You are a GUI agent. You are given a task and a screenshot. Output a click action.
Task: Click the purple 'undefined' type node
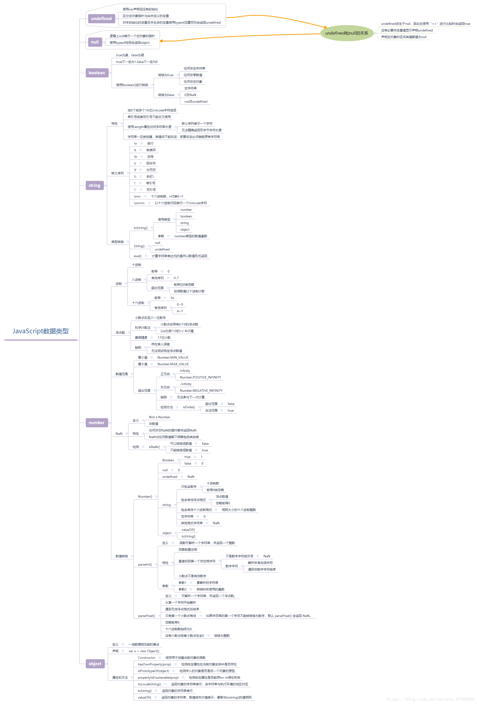click(x=101, y=19)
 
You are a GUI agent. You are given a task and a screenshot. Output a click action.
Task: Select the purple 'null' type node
click(x=95, y=42)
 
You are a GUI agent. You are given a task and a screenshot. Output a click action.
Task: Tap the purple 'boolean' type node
click(x=97, y=73)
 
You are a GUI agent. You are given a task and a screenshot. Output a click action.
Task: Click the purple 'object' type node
click(x=95, y=664)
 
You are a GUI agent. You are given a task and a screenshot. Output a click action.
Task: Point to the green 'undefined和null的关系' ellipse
click(x=346, y=33)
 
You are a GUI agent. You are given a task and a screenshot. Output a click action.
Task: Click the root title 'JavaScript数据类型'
click(x=41, y=331)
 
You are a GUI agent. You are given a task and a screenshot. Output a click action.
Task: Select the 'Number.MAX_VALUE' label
click(x=173, y=364)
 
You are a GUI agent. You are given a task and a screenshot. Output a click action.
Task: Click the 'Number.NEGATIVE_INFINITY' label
click(x=201, y=391)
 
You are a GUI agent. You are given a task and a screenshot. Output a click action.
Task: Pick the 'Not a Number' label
click(x=159, y=417)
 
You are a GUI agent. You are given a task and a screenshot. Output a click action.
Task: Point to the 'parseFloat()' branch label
click(x=146, y=616)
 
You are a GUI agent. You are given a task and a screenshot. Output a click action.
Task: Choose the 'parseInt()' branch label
click(x=145, y=564)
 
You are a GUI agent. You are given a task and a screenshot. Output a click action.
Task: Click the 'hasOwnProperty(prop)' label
click(x=154, y=664)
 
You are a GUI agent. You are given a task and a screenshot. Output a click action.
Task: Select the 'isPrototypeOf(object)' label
click(x=153, y=671)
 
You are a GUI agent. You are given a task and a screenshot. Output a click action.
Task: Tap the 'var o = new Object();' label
click(x=144, y=651)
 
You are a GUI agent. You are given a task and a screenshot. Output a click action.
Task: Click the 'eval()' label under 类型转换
click(x=137, y=256)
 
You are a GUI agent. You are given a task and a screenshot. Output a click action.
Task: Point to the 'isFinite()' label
click(x=189, y=407)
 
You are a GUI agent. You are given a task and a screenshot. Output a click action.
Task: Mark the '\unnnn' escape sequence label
click(x=139, y=203)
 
